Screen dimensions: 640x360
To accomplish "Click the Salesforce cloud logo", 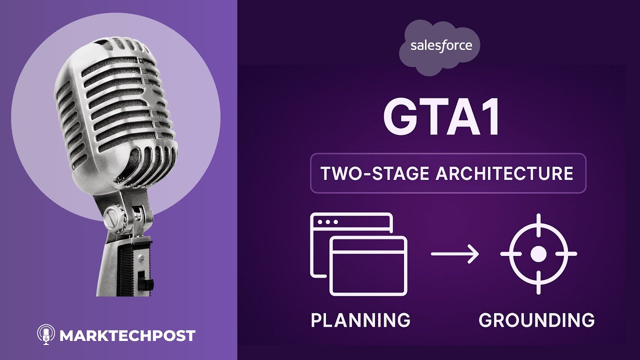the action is (x=439, y=47).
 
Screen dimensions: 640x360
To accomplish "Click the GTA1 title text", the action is (x=441, y=117).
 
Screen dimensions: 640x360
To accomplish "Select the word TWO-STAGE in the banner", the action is (x=375, y=173).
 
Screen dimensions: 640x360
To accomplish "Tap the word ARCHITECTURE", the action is (x=504, y=173).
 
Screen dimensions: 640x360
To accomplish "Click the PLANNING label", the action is (x=360, y=319).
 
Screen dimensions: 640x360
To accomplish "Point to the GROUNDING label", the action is (x=536, y=319).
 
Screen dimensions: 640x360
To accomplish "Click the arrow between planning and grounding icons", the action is (x=455, y=253).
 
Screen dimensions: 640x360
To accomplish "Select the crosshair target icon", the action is (x=538, y=253).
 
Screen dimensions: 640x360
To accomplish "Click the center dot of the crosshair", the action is (x=538, y=253).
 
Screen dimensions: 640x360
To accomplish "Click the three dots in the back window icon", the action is (x=327, y=222).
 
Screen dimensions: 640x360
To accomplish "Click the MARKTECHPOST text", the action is (x=127, y=335).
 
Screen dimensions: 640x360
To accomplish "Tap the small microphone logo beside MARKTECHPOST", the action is (x=46, y=334).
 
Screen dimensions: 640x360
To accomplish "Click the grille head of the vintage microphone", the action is (x=115, y=111).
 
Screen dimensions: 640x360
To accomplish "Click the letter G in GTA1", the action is (x=399, y=117).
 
